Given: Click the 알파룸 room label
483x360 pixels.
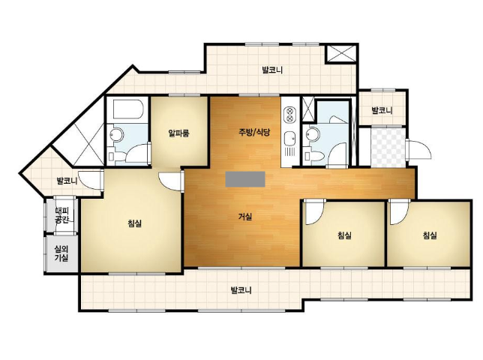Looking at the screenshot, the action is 178,133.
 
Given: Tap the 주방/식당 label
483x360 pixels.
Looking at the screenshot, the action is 254,133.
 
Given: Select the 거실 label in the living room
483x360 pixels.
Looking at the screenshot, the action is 245,217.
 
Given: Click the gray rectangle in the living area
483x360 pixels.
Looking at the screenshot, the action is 245,179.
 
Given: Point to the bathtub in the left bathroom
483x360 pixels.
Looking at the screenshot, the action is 127,109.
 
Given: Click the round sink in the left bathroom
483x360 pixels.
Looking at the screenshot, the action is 116,134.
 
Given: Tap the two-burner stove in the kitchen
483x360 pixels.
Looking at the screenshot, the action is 289,115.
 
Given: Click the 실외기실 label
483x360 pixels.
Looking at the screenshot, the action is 61,253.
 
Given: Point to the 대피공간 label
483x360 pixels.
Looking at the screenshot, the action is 61,215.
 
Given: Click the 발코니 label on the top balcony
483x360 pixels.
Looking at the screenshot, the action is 272,70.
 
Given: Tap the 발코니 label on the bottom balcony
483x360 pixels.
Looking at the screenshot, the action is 241,290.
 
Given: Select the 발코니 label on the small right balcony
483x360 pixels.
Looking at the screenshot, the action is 382,110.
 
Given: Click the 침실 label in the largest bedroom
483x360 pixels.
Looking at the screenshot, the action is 134,223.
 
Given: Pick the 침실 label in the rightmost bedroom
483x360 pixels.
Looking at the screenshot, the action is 430,235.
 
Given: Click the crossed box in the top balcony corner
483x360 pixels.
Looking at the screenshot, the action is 341,54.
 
